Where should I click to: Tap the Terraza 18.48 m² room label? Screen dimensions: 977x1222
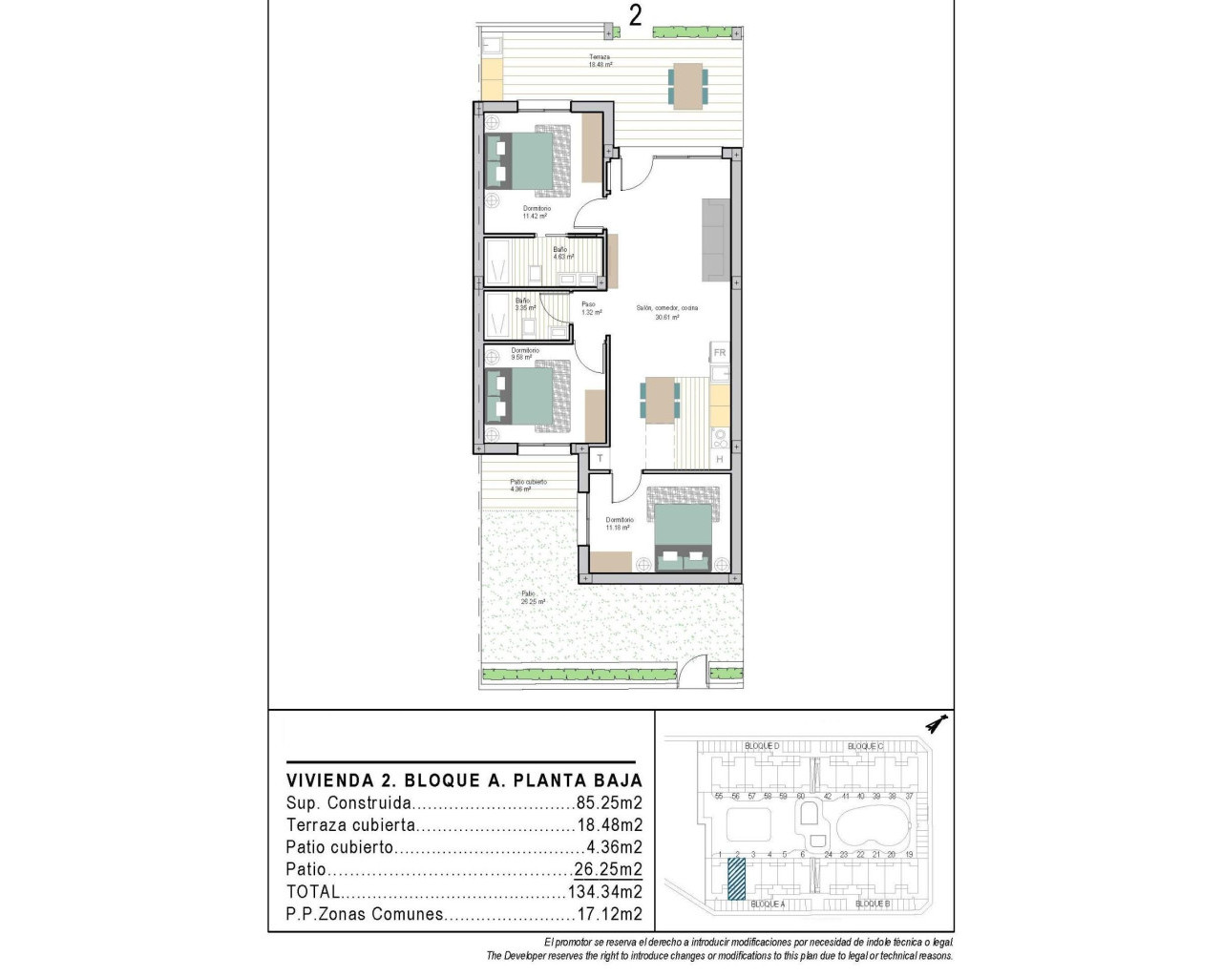[x=600, y=61]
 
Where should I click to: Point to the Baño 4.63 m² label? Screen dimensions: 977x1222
[x=561, y=253]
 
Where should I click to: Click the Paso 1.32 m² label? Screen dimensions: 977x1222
[x=590, y=308]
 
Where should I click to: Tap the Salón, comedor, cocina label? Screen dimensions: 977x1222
[x=667, y=308]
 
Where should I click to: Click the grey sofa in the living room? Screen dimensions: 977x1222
[x=715, y=239]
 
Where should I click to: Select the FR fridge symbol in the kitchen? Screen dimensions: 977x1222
[x=720, y=353]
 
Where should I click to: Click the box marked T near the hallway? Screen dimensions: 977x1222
[x=600, y=459]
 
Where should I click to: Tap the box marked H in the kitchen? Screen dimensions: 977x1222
[x=720, y=460]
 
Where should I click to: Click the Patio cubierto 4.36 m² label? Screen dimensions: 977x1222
[x=528, y=486]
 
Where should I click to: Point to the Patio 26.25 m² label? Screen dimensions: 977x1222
[x=532, y=598]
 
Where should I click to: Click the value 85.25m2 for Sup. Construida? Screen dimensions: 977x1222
[x=609, y=803]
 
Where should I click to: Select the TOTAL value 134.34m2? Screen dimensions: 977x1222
[x=604, y=892]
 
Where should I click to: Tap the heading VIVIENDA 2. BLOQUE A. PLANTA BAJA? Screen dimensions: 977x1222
[x=464, y=780]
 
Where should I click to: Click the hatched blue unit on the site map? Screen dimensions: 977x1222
[x=736, y=879]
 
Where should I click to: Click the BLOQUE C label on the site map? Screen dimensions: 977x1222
[x=865, y=746]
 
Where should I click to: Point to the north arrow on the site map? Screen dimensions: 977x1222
[x=937, y=725]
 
